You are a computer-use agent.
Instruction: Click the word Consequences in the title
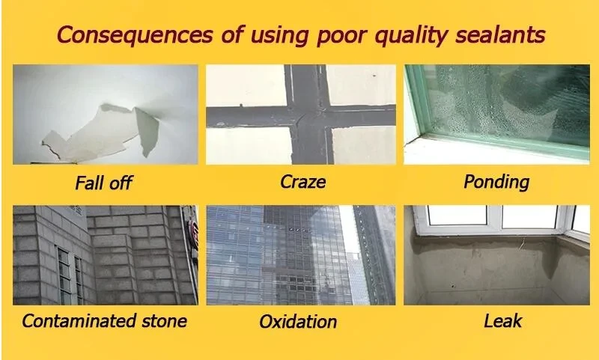tap(135, 34)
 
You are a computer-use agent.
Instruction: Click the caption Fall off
tap(103, 183)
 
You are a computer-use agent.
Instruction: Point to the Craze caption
tap(303, 182)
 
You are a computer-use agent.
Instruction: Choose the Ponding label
tap(496, 182)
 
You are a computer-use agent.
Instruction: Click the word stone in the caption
tap(164, 320)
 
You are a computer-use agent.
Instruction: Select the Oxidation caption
tap(298, 321)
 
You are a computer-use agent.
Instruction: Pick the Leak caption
tap(502, 320)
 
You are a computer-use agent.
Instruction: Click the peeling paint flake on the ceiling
tap(101, 132)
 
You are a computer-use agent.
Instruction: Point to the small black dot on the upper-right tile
tap(374, 76)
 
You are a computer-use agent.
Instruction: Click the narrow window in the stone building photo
tap(64, 275)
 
